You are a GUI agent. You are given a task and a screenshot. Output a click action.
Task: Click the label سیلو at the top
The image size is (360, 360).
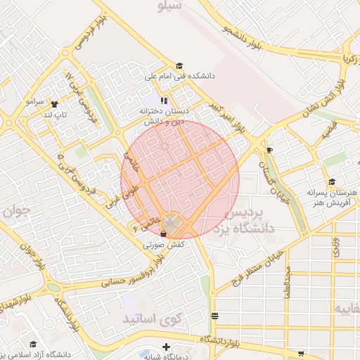[x=171, y=6]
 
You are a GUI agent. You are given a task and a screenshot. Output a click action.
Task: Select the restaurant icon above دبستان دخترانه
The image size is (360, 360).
[x=164, y=101]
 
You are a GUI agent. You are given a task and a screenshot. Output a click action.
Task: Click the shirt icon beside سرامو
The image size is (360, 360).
[x=54, y=103]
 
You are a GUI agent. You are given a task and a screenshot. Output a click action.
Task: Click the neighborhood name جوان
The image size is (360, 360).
[x=15, y=210]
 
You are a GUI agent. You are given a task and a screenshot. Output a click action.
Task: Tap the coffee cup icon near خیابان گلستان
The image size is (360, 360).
[x=269, y=150]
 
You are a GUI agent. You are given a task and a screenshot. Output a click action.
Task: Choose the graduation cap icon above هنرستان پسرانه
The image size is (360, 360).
[x=332, y=181]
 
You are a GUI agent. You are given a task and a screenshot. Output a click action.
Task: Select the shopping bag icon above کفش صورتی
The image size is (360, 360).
[x=163, y=233]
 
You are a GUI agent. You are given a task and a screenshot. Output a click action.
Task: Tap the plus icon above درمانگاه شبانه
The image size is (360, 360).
[x=166, y=347]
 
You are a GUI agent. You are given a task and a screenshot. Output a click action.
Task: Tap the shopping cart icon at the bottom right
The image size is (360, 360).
[x=301, y=354]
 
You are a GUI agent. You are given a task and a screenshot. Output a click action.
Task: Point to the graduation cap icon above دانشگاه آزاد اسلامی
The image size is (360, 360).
[x=37, y=344]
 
